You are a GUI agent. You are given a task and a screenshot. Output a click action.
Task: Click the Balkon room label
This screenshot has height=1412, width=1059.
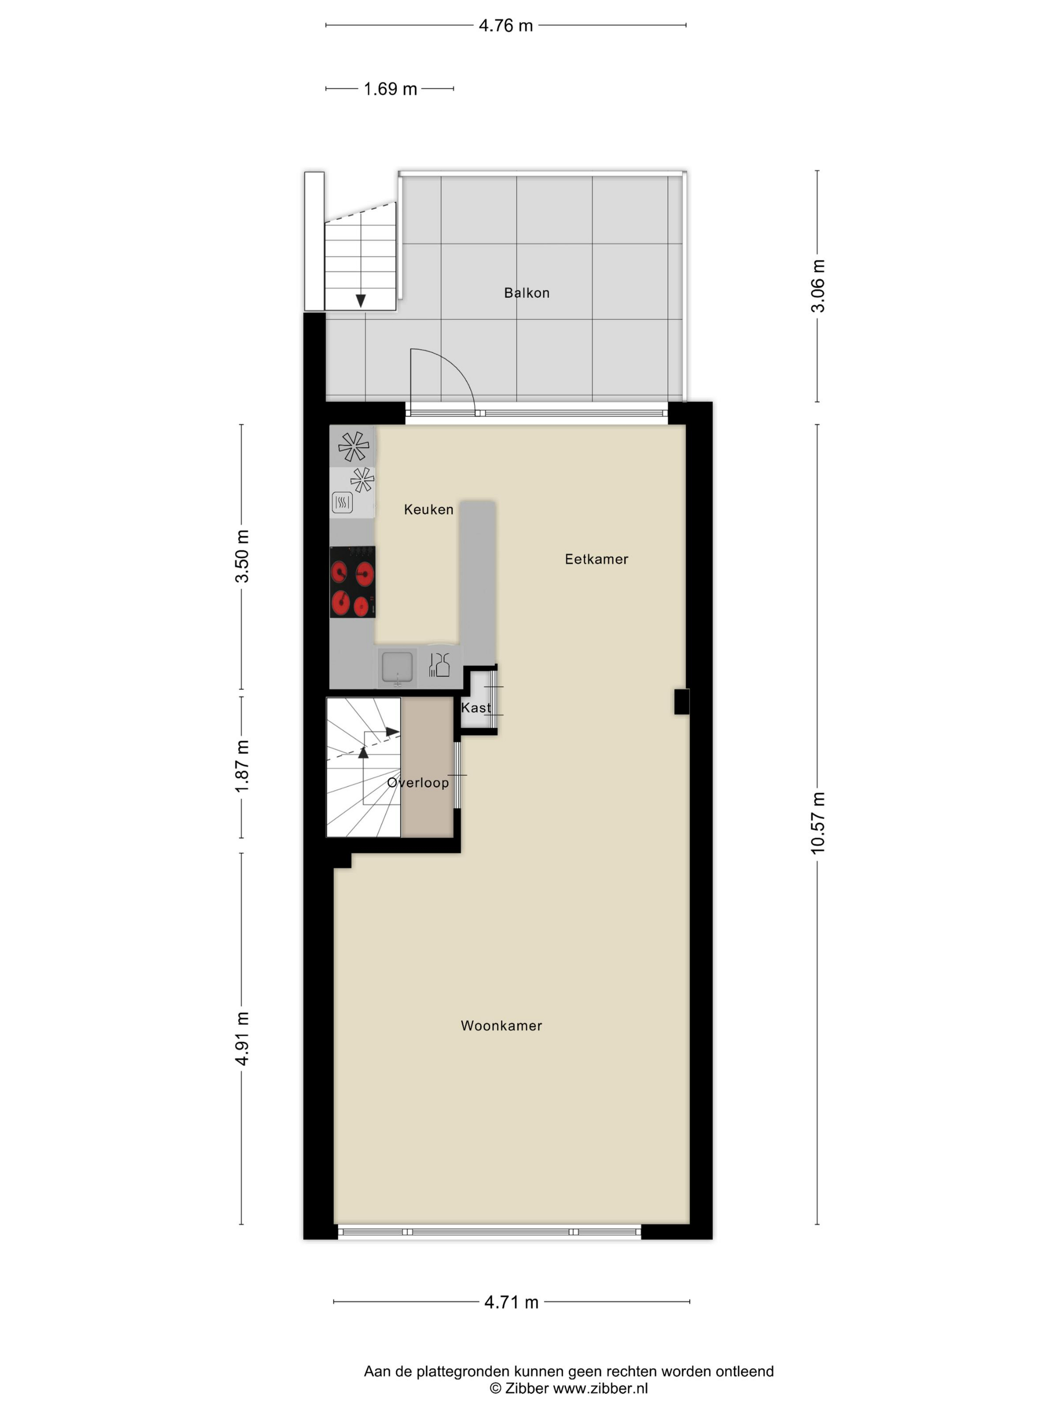[x=526, y=293]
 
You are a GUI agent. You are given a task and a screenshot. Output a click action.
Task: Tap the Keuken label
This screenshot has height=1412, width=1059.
[x=428, y=509]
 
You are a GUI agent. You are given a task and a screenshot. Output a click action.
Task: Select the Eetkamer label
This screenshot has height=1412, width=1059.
[x=596, y=559]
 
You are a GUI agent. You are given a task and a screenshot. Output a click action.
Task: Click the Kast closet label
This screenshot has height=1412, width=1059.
[x=476, y=708]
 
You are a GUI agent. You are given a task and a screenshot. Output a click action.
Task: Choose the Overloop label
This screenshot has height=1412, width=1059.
[x=418, y=783]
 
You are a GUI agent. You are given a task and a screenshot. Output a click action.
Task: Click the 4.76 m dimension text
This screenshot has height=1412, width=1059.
[x=506, y=26]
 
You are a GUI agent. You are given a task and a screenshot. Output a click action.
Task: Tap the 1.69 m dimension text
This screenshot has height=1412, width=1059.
[x=390, y=89]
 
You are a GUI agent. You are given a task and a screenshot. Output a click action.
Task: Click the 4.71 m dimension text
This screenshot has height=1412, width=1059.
[x=511, y=1302]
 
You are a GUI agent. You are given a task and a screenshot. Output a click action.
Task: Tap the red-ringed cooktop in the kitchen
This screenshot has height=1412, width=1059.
[x=352, y=581]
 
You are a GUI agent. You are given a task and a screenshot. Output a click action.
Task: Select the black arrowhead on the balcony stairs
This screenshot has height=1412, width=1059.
[x=361, y=301]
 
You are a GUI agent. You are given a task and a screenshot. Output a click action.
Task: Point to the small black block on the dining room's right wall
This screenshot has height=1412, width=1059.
[x=682, y=701]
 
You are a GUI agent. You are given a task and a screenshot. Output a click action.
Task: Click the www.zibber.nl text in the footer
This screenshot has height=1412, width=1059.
[x=600, y=1388]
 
